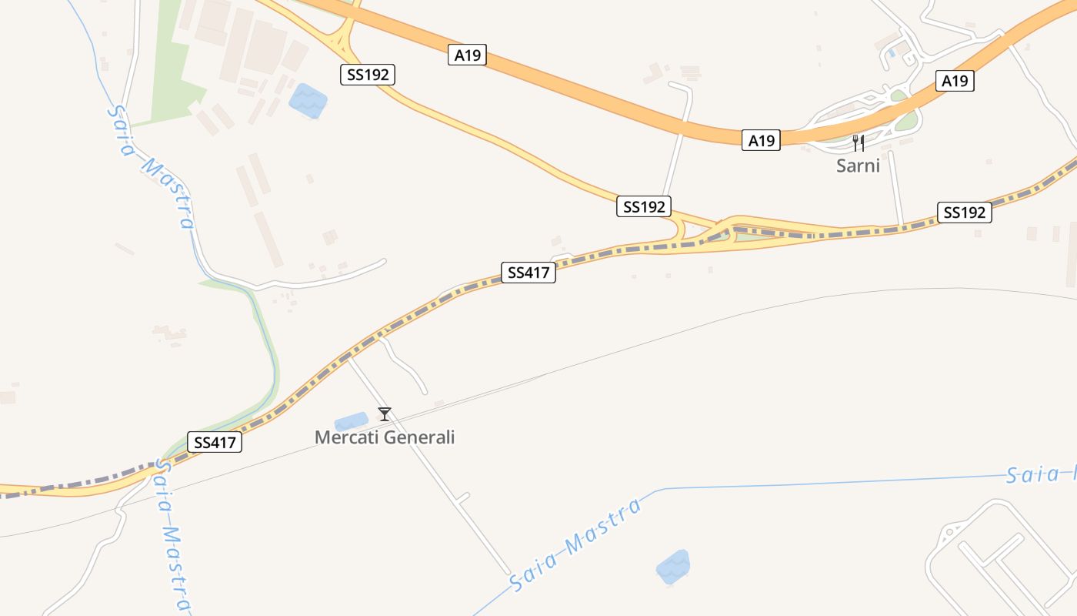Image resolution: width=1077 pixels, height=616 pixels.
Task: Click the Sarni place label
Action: point(858,165)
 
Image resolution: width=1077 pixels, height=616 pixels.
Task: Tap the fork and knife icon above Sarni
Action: point(859,143)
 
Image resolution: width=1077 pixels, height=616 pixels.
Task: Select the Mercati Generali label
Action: point(385,437)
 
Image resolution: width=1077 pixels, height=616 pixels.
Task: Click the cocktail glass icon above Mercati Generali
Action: point(385,414)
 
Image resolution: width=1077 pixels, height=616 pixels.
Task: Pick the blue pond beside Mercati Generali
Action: point(352,421)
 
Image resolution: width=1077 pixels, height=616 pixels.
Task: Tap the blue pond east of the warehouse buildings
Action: point(308,101)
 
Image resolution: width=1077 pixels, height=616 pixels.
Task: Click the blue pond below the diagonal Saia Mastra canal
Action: point(672,567)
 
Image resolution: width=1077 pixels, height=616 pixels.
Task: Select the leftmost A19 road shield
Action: point(467,55)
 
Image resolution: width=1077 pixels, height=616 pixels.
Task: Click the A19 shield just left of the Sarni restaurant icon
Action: point(762,140)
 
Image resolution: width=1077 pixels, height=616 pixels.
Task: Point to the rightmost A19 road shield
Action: point(955,81)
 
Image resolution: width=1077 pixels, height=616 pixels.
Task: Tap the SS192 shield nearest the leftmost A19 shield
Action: point(368,75)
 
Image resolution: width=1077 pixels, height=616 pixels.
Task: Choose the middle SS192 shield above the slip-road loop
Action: point(644,206)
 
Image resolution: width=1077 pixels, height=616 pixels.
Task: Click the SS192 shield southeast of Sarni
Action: point(964,213)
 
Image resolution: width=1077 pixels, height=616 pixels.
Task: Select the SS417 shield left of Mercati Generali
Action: point(215,442)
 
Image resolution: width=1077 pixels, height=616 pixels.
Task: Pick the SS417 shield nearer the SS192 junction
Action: point(528,273)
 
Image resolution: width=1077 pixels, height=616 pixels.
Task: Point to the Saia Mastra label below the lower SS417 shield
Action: point(174,535)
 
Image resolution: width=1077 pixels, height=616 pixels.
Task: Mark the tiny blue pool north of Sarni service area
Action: point(892,52)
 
